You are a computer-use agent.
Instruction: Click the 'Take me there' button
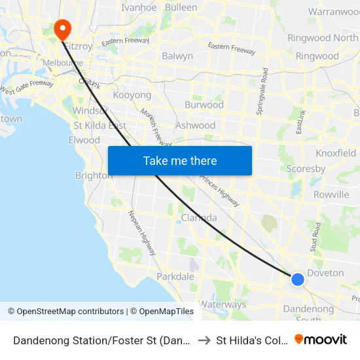[x=180, y=160]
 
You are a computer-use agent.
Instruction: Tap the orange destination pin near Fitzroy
[x=62, y=28]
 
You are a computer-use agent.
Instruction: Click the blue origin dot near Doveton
[x=297, y=279]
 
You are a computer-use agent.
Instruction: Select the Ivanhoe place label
[x=139, y=8]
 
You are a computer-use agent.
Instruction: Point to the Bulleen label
[x=181, y=8]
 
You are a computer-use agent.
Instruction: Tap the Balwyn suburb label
[x=177, y=56]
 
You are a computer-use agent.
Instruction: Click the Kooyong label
[x=132, y=96]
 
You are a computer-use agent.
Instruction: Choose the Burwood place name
[x=204, y=105]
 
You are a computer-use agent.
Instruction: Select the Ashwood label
[x=195, y=126]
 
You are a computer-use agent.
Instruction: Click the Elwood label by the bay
[x=84, y=140]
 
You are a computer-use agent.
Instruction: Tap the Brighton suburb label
[x=94, y=175]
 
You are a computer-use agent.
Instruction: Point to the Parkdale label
[x=175, y=277]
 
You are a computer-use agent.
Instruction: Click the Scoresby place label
[x=306, y=169]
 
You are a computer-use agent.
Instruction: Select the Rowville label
[x=331, y=194]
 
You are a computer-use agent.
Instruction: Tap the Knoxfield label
[x=336, y=153]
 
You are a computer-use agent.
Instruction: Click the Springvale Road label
[x=261, y=92]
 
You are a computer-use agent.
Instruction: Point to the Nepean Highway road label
[x=141, y=228]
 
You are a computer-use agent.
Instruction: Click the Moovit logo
[x=321, y=340]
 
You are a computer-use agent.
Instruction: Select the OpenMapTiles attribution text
[x=162, y=312]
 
